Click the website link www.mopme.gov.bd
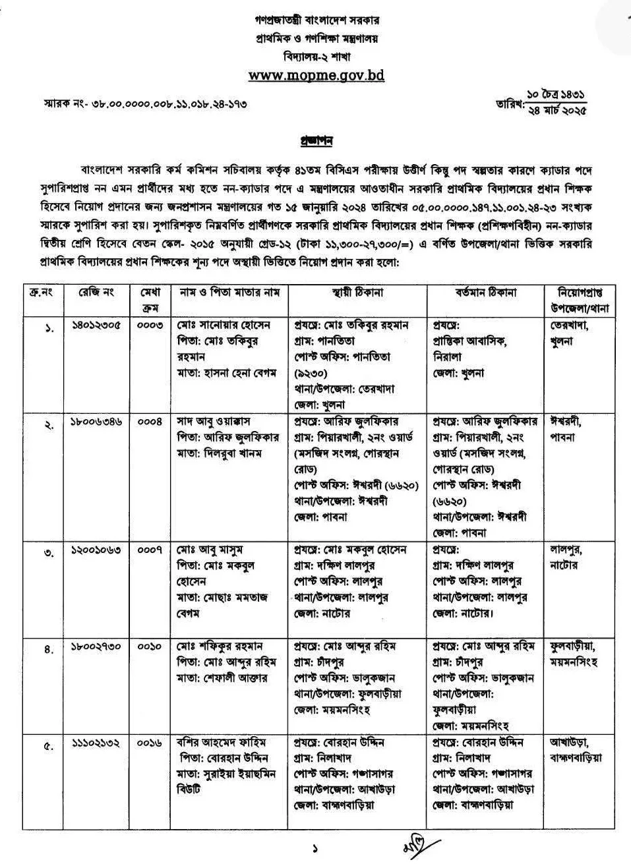pos(316,75)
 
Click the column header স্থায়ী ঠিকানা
pos(358,292)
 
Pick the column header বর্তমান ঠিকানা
pos(486,292)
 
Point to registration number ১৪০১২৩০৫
pos(96,326)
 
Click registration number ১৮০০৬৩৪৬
pos(96,422)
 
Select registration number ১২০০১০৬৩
pos(96,550)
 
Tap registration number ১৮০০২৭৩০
pos(96,647)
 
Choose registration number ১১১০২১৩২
pos(96,743)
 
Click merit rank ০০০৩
pos(150,326)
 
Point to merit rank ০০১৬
pos(150,743)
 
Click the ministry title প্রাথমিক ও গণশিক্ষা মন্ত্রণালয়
pos(316,39)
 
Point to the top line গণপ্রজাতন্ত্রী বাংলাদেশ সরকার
pos(316,22)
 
